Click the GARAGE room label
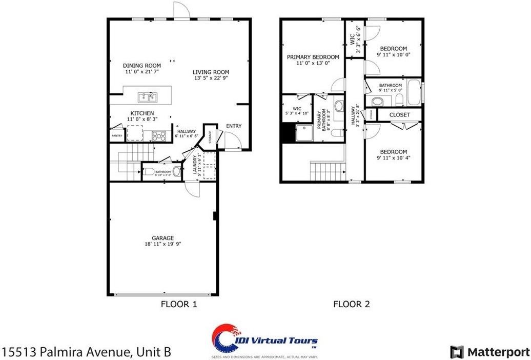click(162, 238)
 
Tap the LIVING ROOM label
click(211, 72)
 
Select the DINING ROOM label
click(142, 66)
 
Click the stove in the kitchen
click(159, 136)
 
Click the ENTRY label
click(234, 126)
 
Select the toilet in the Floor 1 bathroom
click(176, 171)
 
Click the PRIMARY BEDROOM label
click(313, 57)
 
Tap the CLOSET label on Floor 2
click(400, 115)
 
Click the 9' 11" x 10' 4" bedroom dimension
click(393, 158)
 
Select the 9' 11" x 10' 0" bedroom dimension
click(393, 54)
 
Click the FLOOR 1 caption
click(179, 304)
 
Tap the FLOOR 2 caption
click(352, 304)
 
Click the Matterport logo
click(489, 352)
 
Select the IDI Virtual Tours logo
click(265, 341)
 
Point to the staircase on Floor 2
click(325, 170)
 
